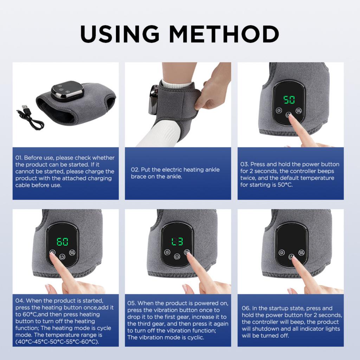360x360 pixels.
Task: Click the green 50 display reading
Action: pyautogui.click(x=289, y=100)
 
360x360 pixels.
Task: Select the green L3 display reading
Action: pyautogui.click(x=177, y=242)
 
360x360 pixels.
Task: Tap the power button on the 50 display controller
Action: pyautogui.click(x=289, y=114)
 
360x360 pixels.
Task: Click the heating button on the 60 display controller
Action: pyautogui.click(x=52, y=252)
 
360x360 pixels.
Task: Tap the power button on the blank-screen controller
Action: pyautogui.click(x=291, y=257)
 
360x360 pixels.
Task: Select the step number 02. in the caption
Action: pyautogui.click(x=135, y=170)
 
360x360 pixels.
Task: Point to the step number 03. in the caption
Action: pyautogui.click(x=244, y=165)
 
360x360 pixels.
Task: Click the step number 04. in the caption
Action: pyautogui.click(x=20, y=301)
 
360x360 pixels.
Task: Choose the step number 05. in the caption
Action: pyautogui.click(x=132, y=303)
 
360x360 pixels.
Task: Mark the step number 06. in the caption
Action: pyautogui.click(x=246, y=308)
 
